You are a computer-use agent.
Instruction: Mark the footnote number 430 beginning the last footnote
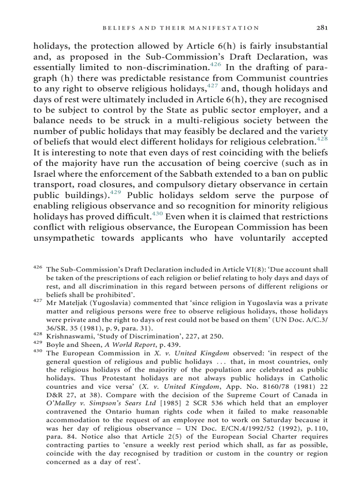pyautogui.click(x=38, y=352)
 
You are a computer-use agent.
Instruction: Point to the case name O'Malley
pyautogui.click(x=59, y=403)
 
